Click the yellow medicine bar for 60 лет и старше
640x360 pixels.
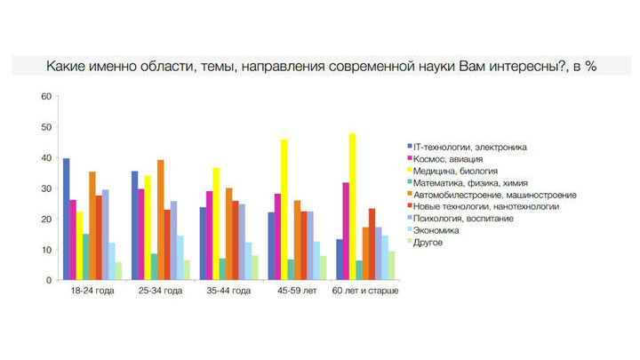click(352, 206)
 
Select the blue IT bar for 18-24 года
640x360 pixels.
click(66, 220)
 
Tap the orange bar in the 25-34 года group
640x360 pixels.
click(160, 220)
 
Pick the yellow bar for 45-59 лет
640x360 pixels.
click(284, 210)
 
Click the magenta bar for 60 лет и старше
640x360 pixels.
click(346, 231)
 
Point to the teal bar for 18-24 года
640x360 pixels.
click(85, 257)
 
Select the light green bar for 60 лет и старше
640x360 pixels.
click(391, 266)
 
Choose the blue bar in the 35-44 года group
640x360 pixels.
click(203, 244)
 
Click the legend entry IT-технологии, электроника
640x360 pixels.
click(467, 147)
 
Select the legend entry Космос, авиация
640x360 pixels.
click(445, 159)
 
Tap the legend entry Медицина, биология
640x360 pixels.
click(452, 171)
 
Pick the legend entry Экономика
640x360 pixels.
click(433, 230)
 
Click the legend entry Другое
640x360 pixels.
click(425, 242)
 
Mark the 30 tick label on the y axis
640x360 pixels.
click(46, 188)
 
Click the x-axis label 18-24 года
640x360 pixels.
click(92, 291)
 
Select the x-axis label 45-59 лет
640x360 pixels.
click(297, 291)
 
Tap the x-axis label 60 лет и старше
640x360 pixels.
click(365, 291)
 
